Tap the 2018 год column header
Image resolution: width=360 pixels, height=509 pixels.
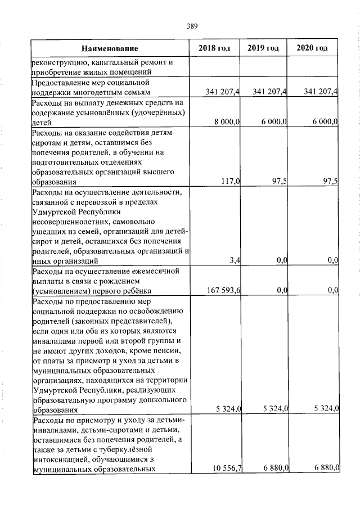tap(214, 48)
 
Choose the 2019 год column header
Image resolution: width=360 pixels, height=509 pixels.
tap(263, 48)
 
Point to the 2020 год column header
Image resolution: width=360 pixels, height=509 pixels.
tap(312, 48)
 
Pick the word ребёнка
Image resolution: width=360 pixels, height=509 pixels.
tap(138, 290)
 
